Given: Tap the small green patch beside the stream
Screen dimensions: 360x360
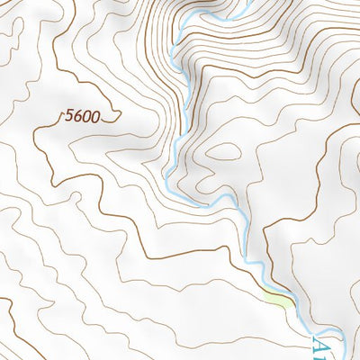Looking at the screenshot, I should [280, 301].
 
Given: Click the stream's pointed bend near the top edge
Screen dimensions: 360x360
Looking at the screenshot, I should [179, 27].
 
